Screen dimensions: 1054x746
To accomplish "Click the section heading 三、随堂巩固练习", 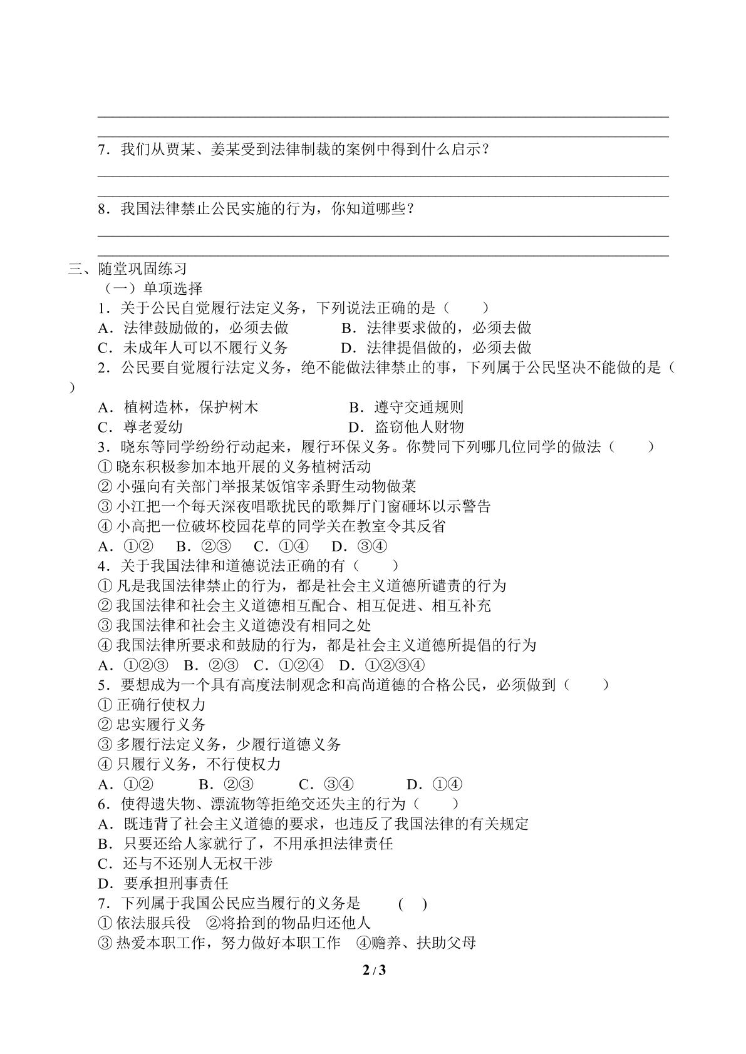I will pos(128,269).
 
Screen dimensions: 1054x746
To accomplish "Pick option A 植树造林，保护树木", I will pos(179,407).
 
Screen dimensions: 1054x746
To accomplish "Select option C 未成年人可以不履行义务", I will pos(193,347).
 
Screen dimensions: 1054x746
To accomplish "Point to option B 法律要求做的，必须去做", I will pos(437,327).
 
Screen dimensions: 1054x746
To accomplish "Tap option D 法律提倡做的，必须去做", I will pos(436,347).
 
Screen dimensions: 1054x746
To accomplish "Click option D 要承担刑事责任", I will pos(163,883).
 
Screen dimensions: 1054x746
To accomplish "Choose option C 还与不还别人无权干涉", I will pos(185,864).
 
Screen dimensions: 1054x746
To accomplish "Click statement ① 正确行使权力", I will pos(152,705).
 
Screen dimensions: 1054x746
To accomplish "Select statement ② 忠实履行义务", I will pos(152,725).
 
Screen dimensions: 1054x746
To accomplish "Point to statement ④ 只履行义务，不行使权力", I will pos(190,764).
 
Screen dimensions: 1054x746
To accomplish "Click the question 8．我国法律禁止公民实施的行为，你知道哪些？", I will pos(256,209).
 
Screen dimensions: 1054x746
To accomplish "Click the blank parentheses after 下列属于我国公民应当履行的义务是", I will pos(413,904).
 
